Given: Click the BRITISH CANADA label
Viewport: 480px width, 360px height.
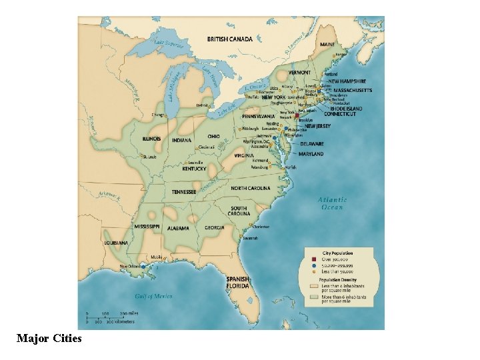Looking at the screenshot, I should (230, 39).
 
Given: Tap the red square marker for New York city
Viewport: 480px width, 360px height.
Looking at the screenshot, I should (297, 115).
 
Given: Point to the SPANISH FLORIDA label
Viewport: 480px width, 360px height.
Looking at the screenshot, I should (238, 282).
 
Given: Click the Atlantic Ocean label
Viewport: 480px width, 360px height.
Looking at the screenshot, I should (331, 203).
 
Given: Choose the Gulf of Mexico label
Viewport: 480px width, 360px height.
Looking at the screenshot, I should (154, 296).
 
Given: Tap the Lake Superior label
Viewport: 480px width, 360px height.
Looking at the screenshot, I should (169, 45).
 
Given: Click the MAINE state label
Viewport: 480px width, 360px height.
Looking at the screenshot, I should (327, 45).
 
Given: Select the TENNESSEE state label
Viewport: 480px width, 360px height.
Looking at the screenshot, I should (184, 192).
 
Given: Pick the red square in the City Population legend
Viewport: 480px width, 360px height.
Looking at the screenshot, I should (310, 259).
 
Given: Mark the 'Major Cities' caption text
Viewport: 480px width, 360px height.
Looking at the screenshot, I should (49, 339).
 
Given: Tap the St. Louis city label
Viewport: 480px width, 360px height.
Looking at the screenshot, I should (150, 157).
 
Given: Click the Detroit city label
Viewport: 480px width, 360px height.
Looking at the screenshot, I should (184, 105).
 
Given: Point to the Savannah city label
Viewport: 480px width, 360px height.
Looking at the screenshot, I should (250, 237).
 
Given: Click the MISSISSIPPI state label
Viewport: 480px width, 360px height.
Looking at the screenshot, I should (147, 227).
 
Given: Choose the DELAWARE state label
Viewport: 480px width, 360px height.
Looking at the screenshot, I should (312, 144).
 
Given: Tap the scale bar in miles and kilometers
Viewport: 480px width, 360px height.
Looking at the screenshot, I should (110, 317).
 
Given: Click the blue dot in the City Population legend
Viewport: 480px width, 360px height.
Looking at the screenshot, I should (310, 265).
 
